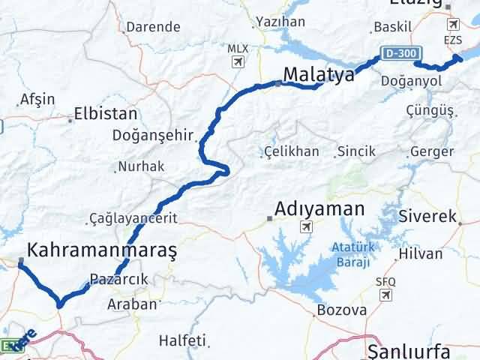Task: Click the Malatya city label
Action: [319, 73]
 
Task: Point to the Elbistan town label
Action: [105, 115]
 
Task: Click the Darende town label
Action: [153, 27]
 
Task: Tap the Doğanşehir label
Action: [153, 136]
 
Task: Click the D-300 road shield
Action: [400, 54]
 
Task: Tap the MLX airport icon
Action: [238, 62]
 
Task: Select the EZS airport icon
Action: [453, 25]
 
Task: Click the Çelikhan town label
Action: [292, 151]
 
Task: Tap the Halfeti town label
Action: [182, 340]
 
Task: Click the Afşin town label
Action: [37, 99]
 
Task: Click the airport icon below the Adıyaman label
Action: [305, 228]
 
